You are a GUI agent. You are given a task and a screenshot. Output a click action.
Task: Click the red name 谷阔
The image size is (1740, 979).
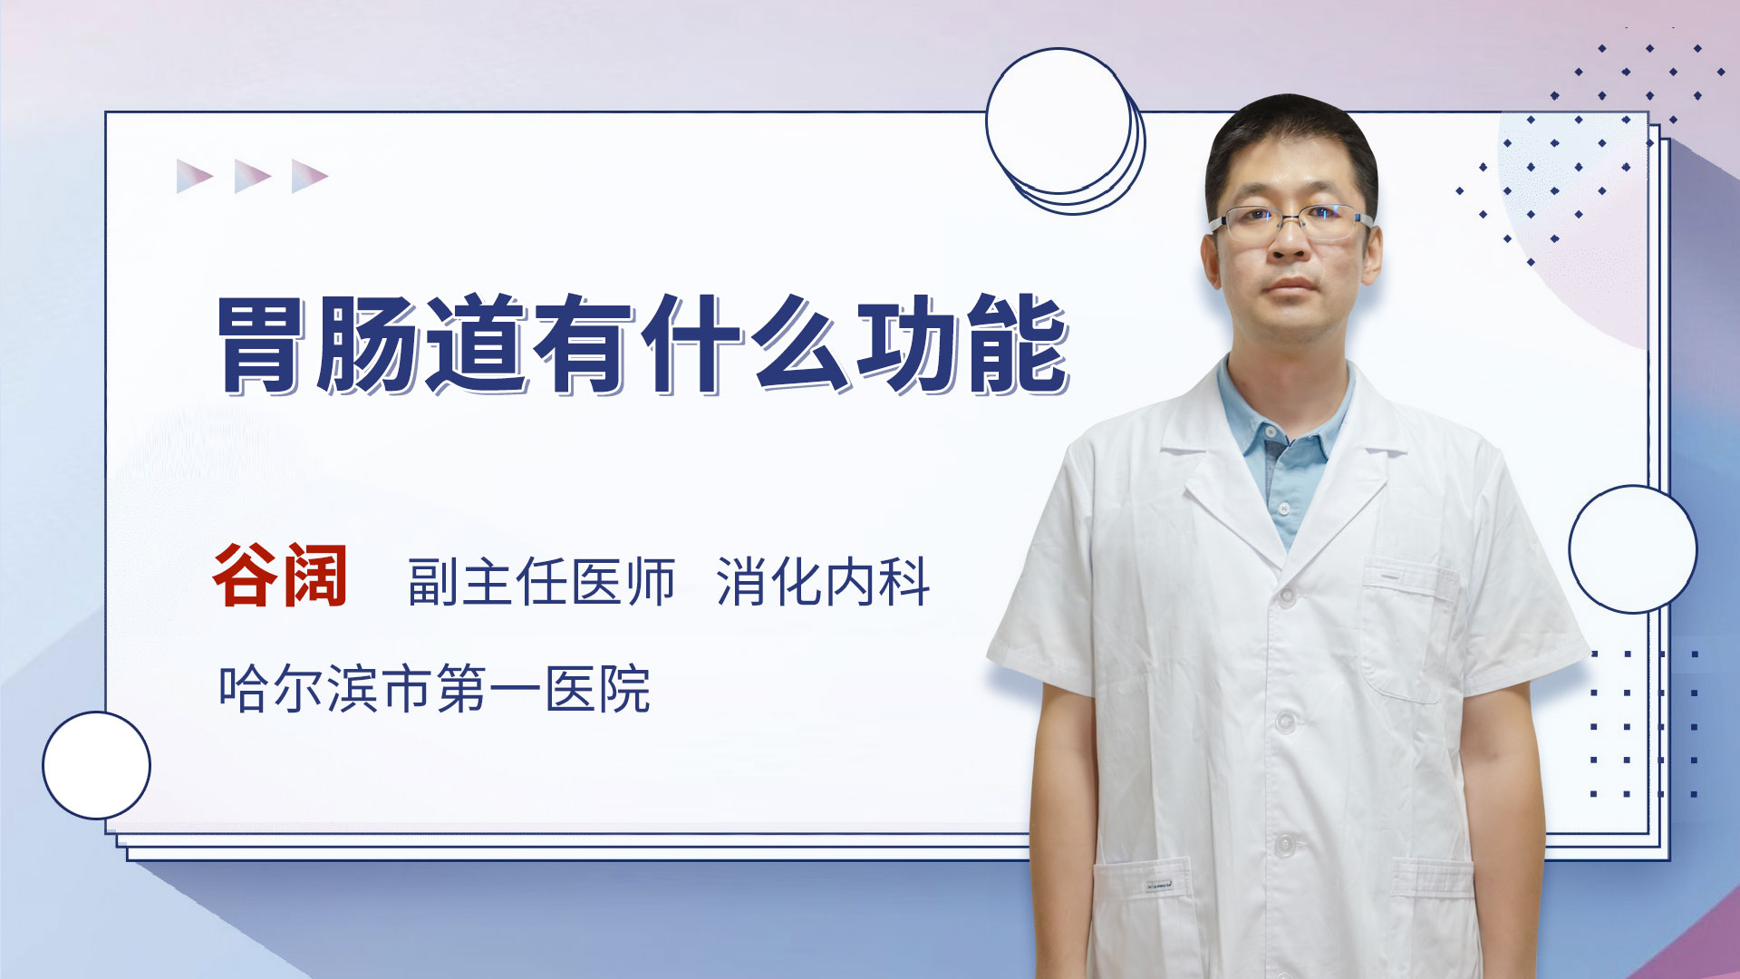pyautogui.click(x=280, y=576)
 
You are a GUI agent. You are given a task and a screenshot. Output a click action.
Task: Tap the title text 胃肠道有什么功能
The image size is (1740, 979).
pyautogui.click(x=644, y=344)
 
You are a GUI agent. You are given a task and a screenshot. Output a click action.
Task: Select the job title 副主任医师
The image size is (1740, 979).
pyautogui.click(x=541, y=582)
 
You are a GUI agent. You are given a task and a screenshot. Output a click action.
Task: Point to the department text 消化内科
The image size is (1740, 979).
pyautogui.click(x=823, y=582)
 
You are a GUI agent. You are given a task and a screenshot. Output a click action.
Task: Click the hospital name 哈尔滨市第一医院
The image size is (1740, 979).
pyautogui.click(x=434, y=689)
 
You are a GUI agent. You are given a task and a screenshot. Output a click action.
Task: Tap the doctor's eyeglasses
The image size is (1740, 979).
pyautogui.click(x=1290, y=220)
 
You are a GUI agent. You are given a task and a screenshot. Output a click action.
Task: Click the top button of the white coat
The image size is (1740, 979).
pyautogui.click(x=1287, y=596)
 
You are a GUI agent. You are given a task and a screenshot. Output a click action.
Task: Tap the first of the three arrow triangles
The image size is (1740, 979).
pyautogui.click(x=195, y=176)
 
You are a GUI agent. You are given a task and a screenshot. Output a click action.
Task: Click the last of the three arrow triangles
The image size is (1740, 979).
pyautogui.click(x=310, y=176)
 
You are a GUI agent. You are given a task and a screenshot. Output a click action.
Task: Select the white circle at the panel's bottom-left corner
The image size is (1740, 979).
pyautogui.click(x=96, y=765)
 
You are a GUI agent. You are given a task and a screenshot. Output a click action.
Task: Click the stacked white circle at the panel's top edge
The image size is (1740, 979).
pyautogui.click(x=1065, y=131)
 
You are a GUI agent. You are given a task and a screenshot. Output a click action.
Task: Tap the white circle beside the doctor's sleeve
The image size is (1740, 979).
pyautogui.click(x=1633, y=549)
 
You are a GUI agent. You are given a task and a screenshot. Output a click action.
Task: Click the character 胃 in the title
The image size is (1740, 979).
pyautogui.click(x=263, y=344)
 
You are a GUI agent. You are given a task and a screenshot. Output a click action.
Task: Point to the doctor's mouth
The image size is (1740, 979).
pyautogui.click(x=1290, y=287)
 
